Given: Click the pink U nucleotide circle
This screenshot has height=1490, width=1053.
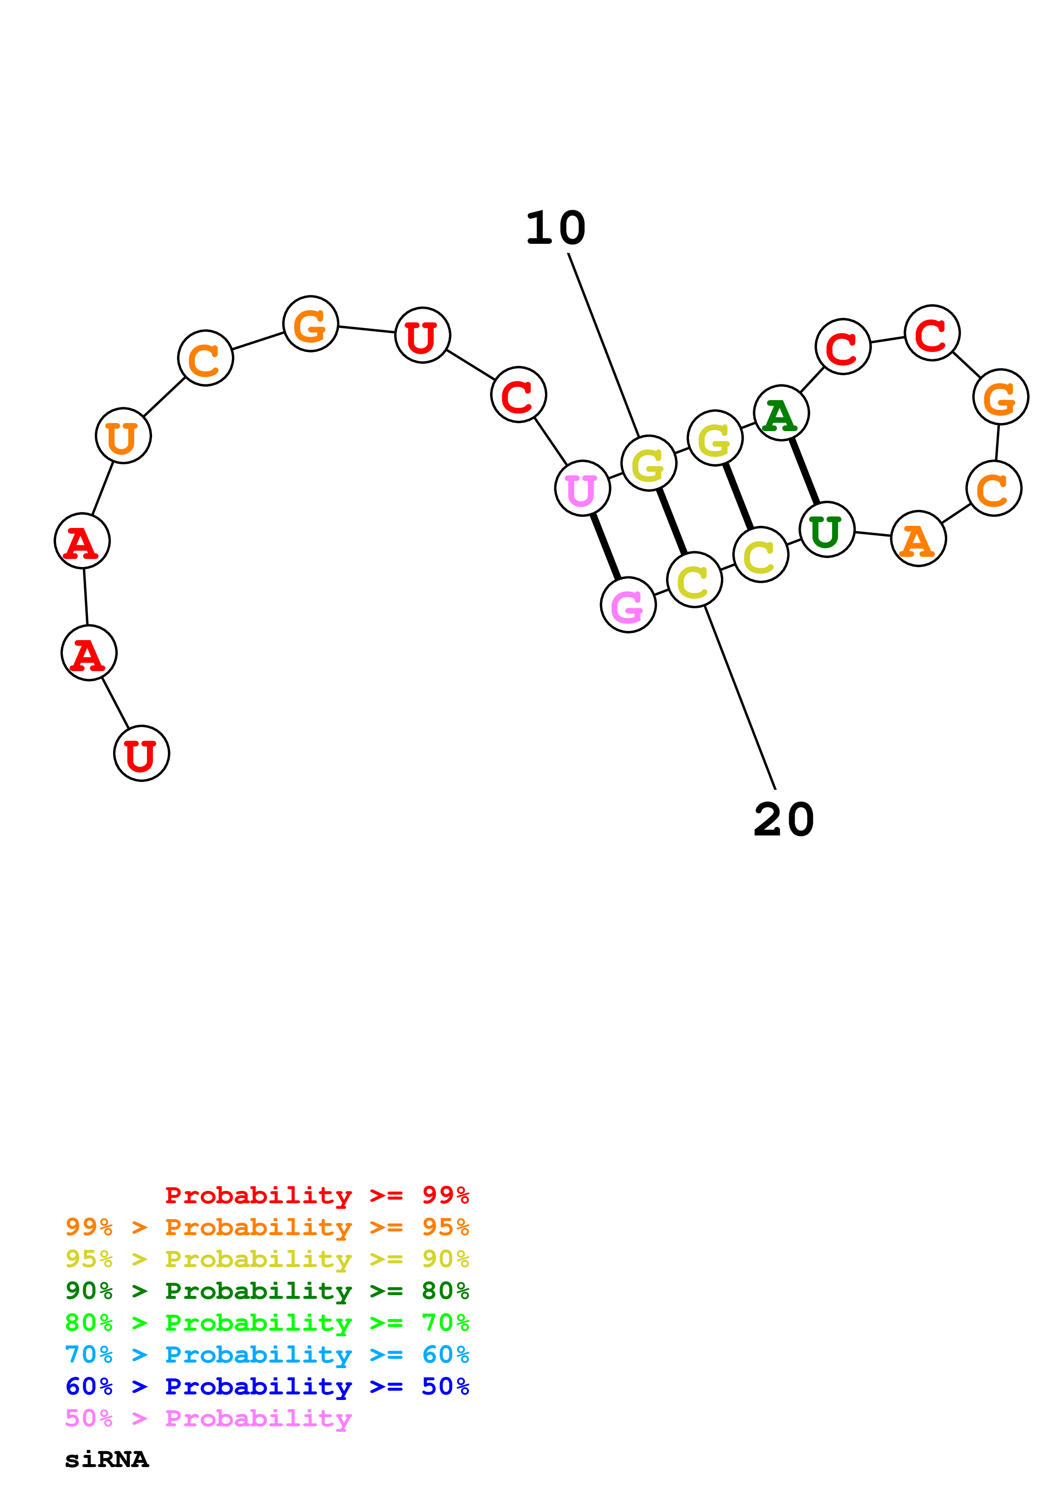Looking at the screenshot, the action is [582, 488].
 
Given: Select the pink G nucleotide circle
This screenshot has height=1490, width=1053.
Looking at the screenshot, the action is [628, 605].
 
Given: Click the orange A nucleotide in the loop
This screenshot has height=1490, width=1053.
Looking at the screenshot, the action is [918, 539].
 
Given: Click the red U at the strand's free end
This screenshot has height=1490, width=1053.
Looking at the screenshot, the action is [141, 753].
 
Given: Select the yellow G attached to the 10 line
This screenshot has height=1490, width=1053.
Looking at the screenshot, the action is [649, 463].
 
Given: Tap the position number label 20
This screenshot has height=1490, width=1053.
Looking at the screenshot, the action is [784, 820].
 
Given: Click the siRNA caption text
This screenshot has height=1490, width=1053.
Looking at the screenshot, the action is [107, 1459].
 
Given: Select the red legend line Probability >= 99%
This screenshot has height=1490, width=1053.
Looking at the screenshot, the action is [316, 1195].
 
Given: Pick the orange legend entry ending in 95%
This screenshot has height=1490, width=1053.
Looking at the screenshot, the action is [267, 1227].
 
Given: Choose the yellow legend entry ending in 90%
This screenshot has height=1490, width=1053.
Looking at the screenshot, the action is [267, 1259].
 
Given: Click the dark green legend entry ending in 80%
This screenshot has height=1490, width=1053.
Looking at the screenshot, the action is [267, 1291].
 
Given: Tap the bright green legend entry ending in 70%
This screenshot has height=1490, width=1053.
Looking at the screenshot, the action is [267, 1323].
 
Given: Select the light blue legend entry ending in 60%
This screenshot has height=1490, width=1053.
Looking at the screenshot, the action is [267, 1355].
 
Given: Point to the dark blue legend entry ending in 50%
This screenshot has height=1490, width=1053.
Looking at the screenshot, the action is [267, 1386].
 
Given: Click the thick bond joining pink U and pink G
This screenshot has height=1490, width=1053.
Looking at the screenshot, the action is [605, 546].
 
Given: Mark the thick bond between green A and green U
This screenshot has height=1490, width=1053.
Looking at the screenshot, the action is [804, 471].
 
